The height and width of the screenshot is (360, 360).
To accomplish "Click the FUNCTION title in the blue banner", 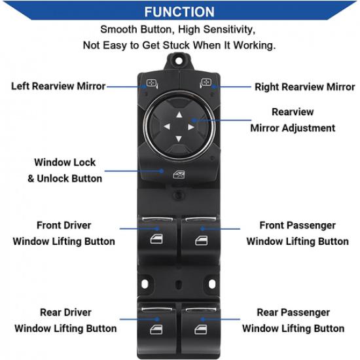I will [x=179, y=12].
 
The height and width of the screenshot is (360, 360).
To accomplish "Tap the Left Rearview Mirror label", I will [x=58, y=86].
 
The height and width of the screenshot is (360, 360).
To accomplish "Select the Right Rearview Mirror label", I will [x=304, y=87].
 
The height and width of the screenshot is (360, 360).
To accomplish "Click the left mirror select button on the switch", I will [x=151, y=84].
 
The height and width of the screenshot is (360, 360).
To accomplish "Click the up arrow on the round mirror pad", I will [x=179, y=113].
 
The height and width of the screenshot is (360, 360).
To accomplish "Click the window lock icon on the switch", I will [x=179, y=173].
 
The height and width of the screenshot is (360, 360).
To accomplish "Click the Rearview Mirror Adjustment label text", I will [x=293, y=120].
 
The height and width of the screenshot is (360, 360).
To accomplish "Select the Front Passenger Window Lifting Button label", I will [x=297, y=233].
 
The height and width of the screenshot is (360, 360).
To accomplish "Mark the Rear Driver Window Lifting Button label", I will [x=65, y=320].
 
